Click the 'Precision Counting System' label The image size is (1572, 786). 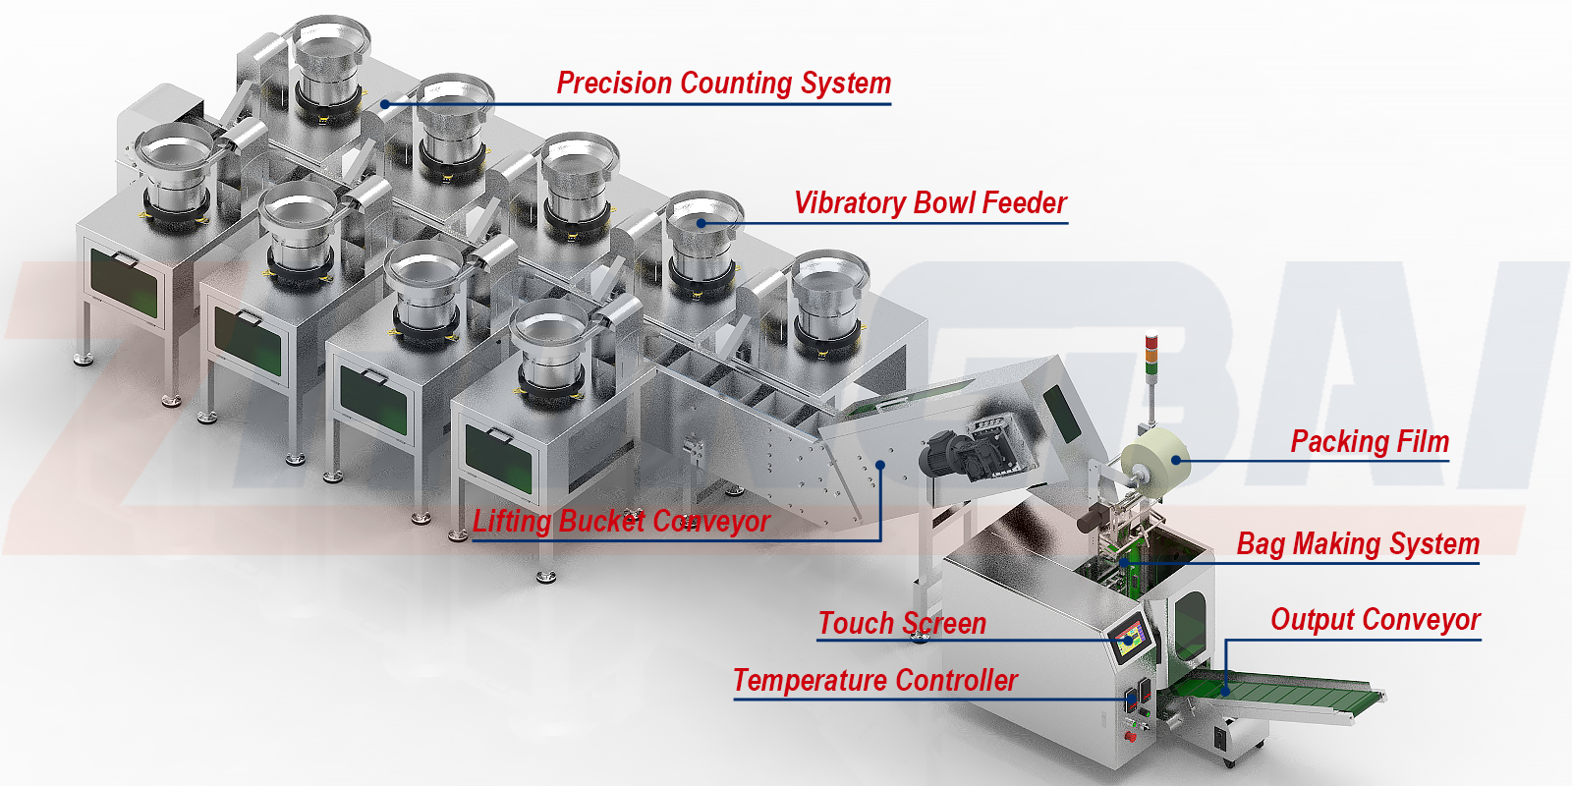click(x=723, y=84)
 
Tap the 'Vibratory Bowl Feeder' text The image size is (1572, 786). click(x=929, y=203)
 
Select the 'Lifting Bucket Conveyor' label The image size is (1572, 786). click(x=621, y=522)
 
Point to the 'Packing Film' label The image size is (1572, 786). click(x=1369, y=442)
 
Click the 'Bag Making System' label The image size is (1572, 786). click(x=1358, y=543)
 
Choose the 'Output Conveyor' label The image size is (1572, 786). click(x=1375, y=620)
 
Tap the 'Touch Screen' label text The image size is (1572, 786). click(x=902, y=624)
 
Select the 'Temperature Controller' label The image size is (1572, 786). click(x=874, y=681)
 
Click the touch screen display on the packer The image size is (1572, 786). click(x=1130, y=638)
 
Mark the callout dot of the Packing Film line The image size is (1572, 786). click(x=1176, y=460)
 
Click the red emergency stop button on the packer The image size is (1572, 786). click(x=1130, y=735)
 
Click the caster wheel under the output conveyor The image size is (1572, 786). click(x=1228, y=759)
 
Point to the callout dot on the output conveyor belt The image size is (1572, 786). click(x=1226, y=692)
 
